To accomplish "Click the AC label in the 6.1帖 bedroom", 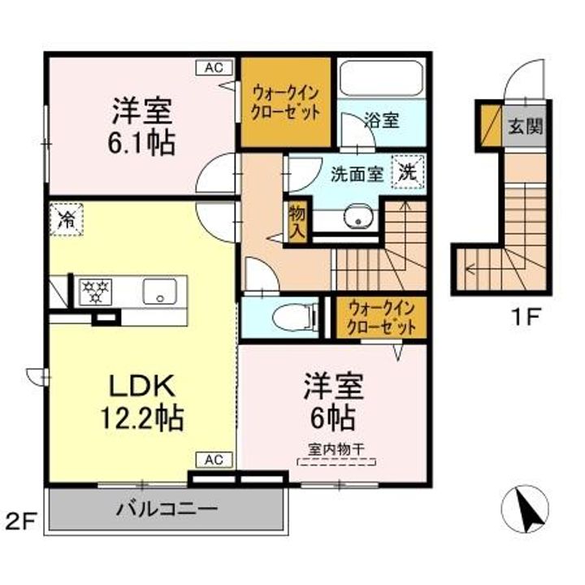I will point(214,68).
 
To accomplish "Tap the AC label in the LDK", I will point(214,460).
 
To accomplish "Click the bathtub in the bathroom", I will point(379,80).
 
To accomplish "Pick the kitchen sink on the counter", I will point(159,290).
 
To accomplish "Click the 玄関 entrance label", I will point(526,128).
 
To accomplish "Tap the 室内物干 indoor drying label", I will point(336,447).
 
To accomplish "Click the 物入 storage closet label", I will point(297,220).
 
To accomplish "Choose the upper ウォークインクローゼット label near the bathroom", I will point(285,101).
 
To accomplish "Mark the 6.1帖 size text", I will point(139,143).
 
